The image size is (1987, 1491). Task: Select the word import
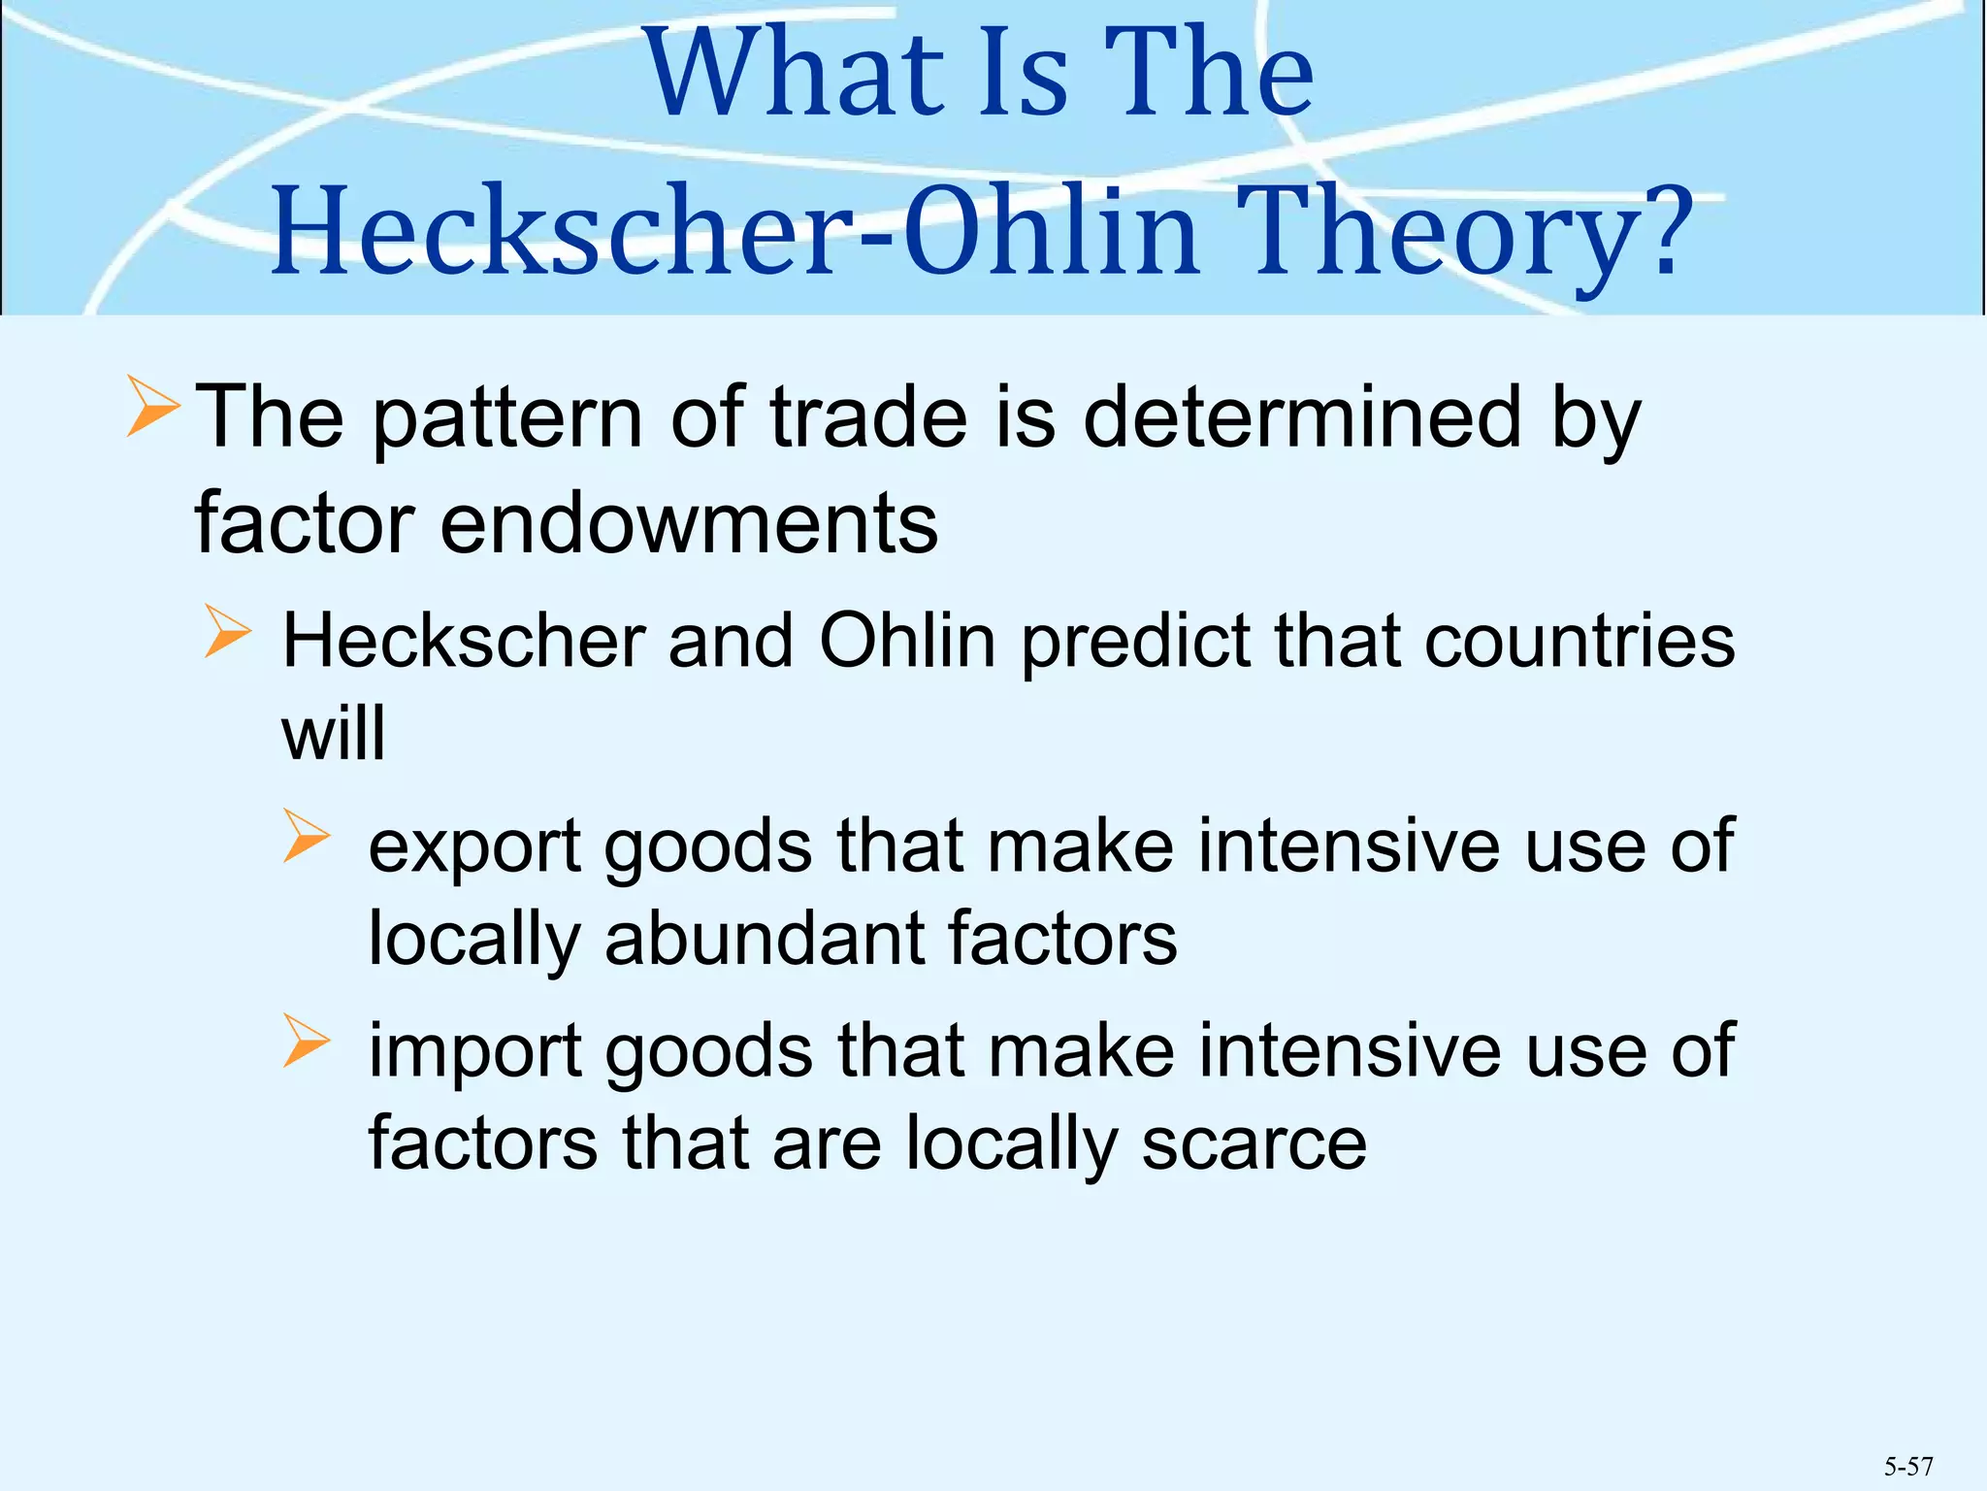point(474,1051)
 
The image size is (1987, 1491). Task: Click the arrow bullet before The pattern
point(152,407)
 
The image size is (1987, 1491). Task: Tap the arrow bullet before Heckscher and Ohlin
point(228,632)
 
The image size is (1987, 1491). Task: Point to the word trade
point(868,417)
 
